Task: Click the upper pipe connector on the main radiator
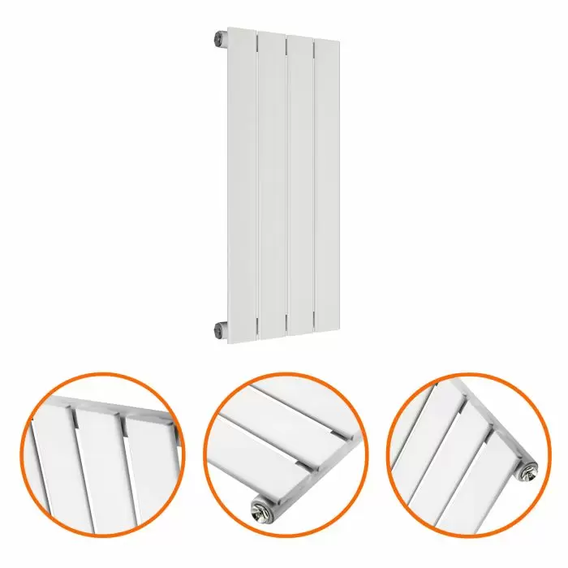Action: pyautogui.click(x=220, y=37)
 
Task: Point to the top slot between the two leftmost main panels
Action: pyautogui.click(x=256, y=37)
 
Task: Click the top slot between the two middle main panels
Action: pyautogui.click(x=286, y=37)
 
